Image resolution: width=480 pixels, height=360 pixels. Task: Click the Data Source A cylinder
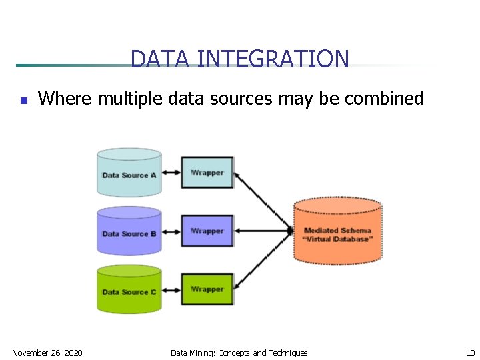point(129,173)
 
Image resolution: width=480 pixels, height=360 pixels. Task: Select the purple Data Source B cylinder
point(129,231)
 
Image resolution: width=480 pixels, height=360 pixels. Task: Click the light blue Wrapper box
point(207,173)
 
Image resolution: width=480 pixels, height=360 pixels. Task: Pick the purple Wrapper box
point(207,231)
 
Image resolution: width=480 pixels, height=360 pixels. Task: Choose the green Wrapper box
point(207,289)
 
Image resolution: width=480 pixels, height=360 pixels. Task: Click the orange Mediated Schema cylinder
point(338,231)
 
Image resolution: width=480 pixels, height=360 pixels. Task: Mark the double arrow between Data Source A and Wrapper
point(171,173)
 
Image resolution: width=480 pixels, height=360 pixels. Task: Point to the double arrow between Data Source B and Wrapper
point(171,231)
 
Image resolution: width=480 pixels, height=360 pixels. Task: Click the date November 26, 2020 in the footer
point(47,353)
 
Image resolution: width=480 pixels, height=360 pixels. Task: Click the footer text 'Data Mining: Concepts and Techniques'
point(239,353)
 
